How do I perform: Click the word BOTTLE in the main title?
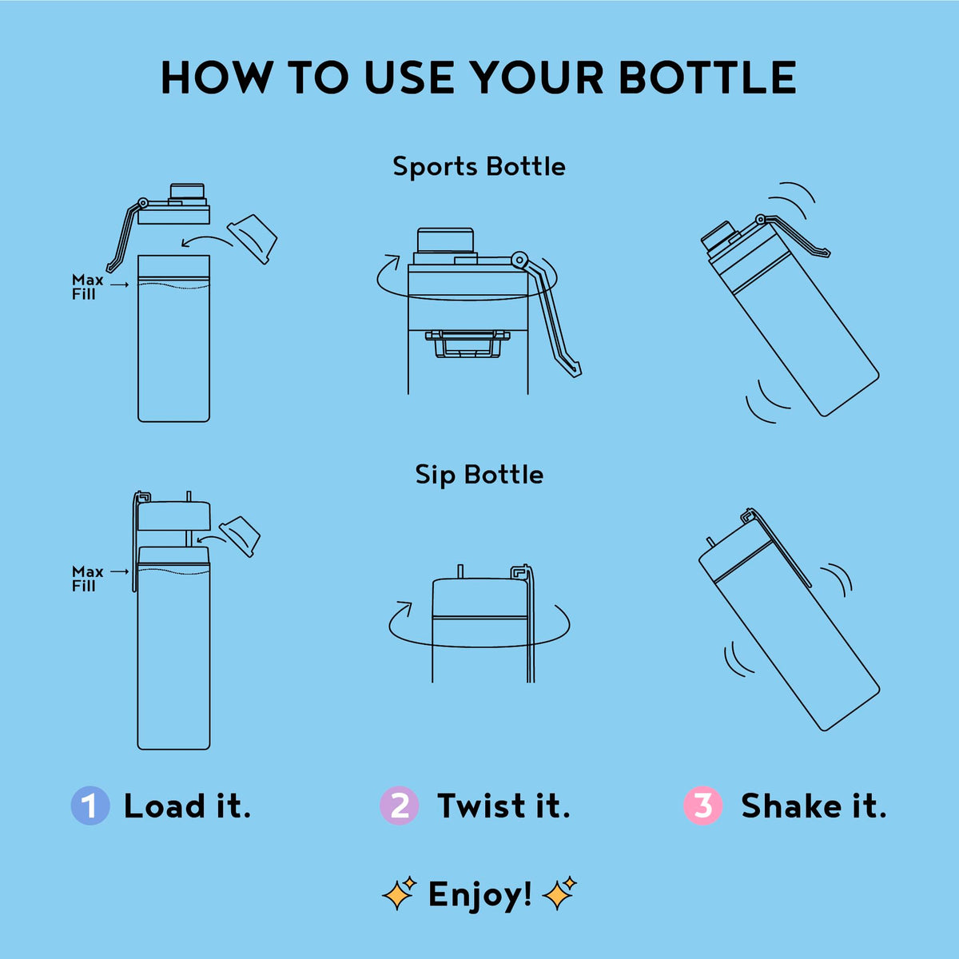pyautogui.click(x=708, y=78)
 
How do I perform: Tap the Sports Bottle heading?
pyautogui.click(x=479, y=167)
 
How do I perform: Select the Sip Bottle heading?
pyautogui.click(x=479, y=475)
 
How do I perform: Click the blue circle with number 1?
pyautogui.click(x=90, y=806)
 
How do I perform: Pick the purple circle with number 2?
pyautogui.click(x=399, y=806)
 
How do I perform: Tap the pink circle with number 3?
pyautogui.click(x=702, y=806)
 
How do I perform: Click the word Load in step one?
pyautogui.click(x=165, y=806)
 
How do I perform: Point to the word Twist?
pyautogui.click(x=481, y=806)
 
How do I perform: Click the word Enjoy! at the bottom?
pyautogui.click(x=479, y=895)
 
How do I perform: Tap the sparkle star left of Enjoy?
pyautogui.click(x=400, y=893)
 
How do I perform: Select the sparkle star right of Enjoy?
pyautogui.click(x=559, y=893)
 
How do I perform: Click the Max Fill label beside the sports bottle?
pyautogui.click(x=87, y=287)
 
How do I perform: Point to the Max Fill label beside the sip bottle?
pyautogui.click(x=87, y=579)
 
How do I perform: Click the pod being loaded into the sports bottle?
pyautogui.click(x=253, y=239)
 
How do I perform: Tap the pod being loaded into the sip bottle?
pyautogui.click(x=240, y=536)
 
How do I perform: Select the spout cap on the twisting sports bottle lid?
pyautogui.click(x=445, y=240)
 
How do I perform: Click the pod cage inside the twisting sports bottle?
pyautogui.click(x=468, y=344)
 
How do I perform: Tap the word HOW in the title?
pyautogui.click(x=217, y=78)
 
